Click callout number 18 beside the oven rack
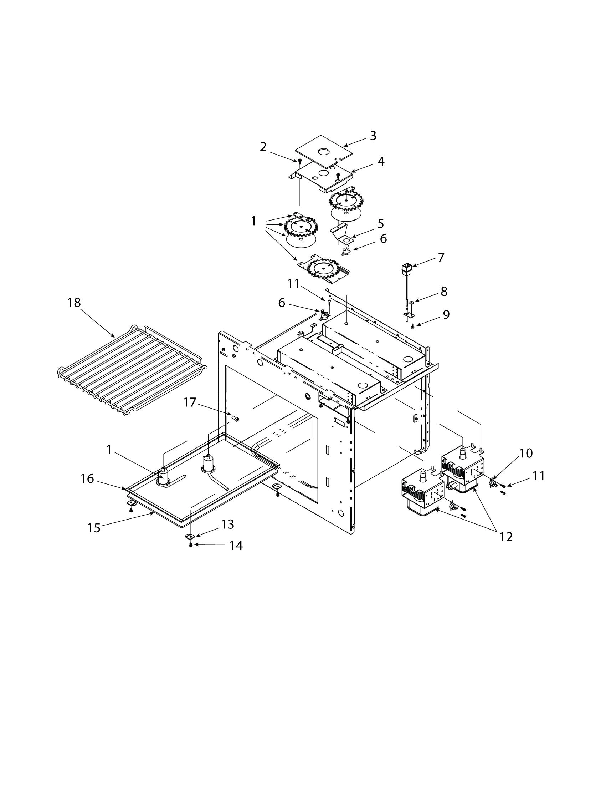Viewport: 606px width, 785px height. (x=74, y=303)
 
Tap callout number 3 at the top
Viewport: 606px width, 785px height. (x=373, y=136)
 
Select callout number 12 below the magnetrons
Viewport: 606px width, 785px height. (x=505, y=537)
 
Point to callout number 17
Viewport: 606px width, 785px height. (x=190, y=402)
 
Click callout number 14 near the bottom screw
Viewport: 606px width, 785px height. (x=236, y=546)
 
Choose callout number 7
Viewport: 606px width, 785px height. (x=441, y=257)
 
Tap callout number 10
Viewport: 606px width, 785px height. (x=525, y=454)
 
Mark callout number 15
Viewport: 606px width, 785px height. (x=94, y=528)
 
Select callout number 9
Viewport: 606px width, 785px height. (x=446, y=314)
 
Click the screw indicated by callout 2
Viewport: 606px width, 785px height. (x=299, y=161)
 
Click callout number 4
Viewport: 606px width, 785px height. (x=381, y=161)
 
